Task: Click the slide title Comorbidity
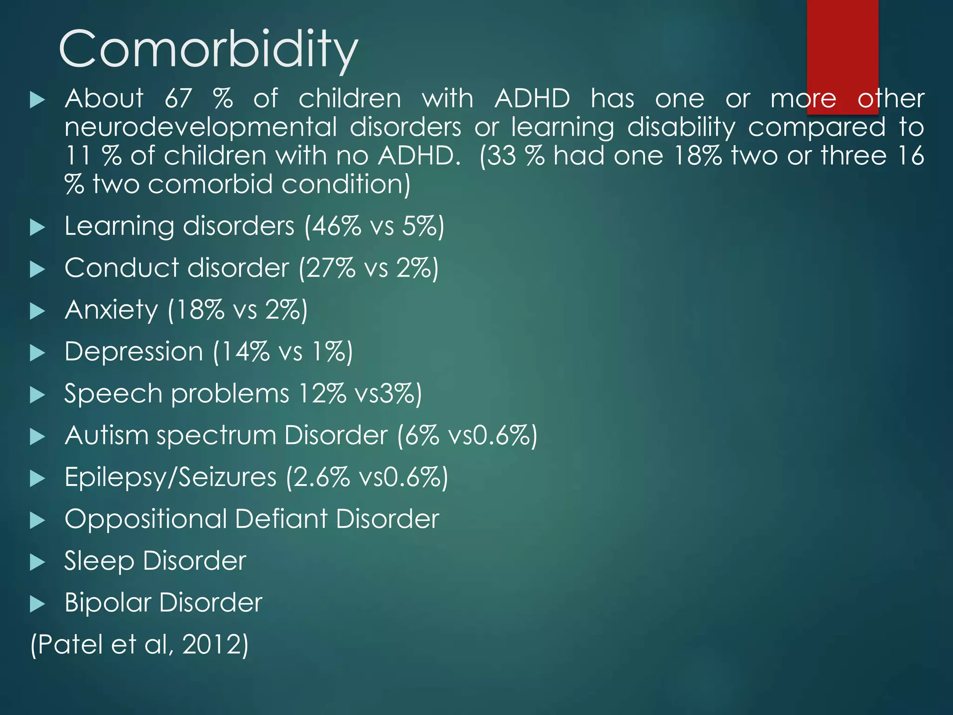coord(208,49)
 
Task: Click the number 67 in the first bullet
coord(178,99)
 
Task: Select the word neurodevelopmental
coord(201,128)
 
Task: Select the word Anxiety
coord(111,310)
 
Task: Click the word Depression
coord(134,351)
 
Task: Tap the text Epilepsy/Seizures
coord(170,477)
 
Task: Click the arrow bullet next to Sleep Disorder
coord(37,562)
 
